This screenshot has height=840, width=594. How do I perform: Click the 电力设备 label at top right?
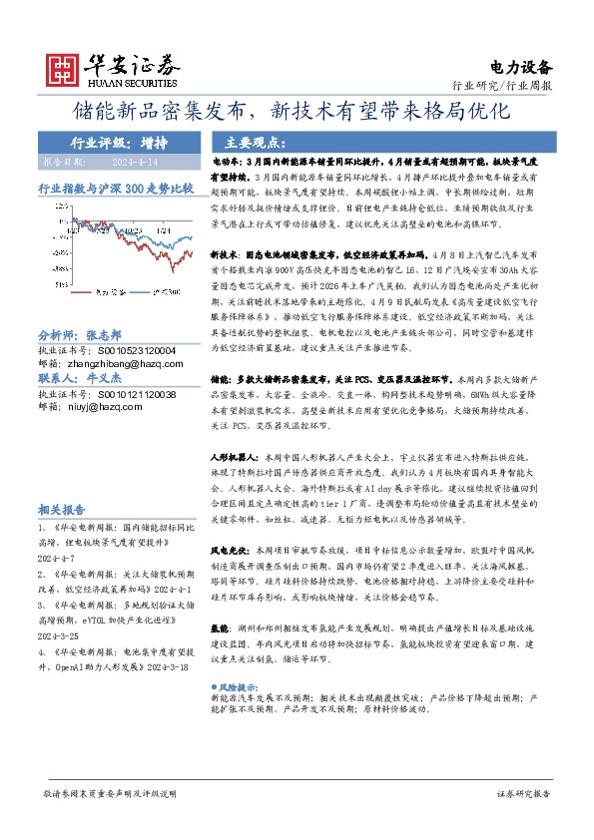522,68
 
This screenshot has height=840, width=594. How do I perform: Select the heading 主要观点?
257,142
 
